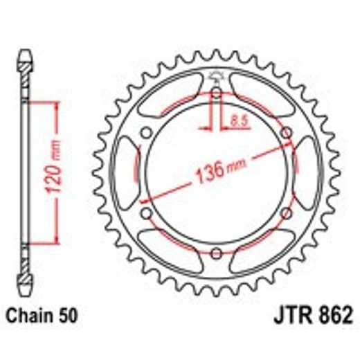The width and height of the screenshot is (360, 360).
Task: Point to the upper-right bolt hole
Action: [285, 133]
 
